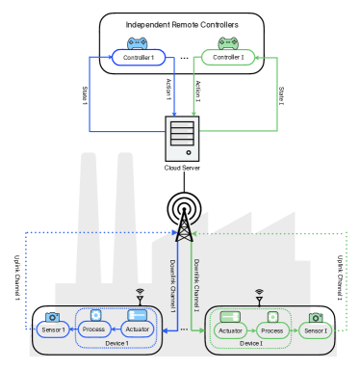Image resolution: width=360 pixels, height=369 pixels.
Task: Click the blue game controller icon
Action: coord(138,43)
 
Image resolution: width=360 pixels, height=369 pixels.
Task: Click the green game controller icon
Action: coord(228,43)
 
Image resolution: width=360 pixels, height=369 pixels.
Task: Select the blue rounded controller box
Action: coord(139,58)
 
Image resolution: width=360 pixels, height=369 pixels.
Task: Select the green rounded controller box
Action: coord(228,58)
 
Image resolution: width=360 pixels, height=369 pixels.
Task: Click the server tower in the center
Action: coord(182,138)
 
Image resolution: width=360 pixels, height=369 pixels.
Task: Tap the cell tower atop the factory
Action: coord(183,232)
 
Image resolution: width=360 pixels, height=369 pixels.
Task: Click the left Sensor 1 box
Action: coord(52,330)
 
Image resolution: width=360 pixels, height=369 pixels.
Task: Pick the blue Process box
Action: coord(94,330)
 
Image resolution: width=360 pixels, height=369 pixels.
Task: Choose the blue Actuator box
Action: coord(138,330)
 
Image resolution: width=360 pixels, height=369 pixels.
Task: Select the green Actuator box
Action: coord(230,331)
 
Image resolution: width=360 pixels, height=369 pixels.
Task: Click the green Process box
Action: coord(272,331)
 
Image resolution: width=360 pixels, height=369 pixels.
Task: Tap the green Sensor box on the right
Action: coord(314,331)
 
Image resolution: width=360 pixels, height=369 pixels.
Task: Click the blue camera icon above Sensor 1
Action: coord(52,317)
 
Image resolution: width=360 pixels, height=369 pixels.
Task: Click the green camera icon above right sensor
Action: coord(315,318)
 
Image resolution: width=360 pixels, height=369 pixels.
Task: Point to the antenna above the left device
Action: coord(140,294)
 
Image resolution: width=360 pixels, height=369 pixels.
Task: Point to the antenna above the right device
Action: coord(258,295)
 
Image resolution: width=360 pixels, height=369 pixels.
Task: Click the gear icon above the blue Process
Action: coord(95,315)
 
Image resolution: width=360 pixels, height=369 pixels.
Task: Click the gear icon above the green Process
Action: coord(272,316)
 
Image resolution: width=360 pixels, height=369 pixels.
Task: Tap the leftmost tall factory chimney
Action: coord(88,222)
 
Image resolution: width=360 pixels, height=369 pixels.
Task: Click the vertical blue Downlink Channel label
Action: coord(172,284)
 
